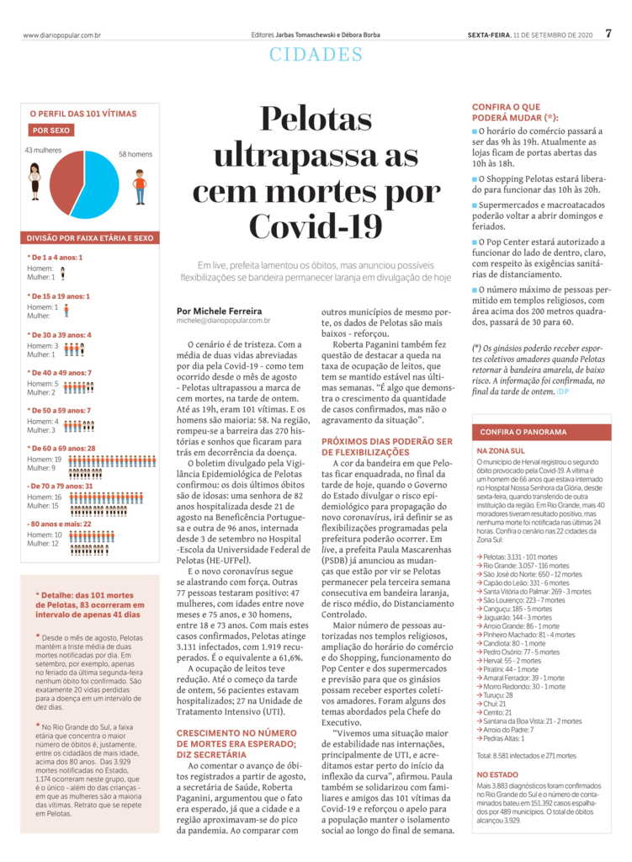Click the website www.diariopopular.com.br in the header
[x=61, y=35]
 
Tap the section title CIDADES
[x=316, y=55]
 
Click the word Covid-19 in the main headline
[x=316, y=225]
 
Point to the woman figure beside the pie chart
[x=35, y=180]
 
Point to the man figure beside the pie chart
[x=140, y=185]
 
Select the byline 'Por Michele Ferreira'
[x=219, y=311]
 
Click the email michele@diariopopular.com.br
[x=223, y=321]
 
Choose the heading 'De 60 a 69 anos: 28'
[x=62, y=449]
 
